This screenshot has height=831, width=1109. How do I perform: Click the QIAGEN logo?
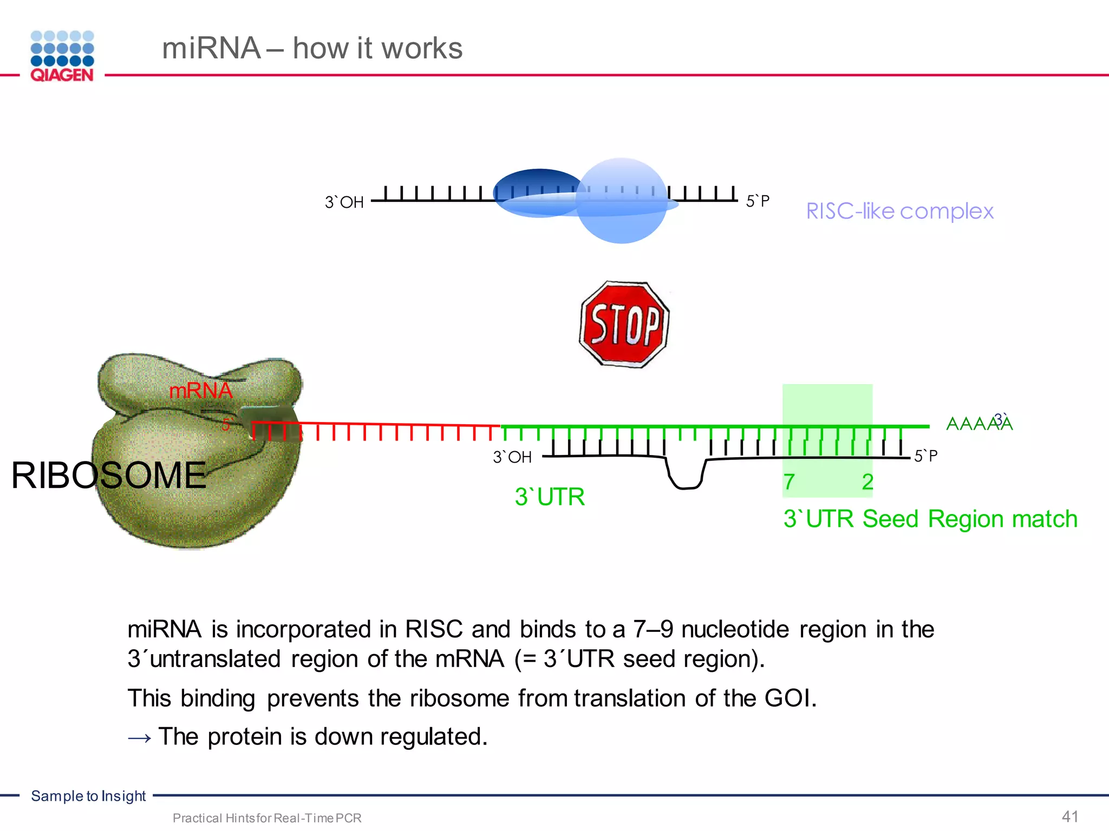(x=62, y=56)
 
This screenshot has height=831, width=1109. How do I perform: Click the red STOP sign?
(x=624, y=325)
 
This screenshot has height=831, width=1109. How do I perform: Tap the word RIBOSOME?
(x=108, y=476)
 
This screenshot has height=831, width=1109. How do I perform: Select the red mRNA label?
(x=200, y=390)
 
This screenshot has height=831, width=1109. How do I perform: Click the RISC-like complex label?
(x=899, y=211)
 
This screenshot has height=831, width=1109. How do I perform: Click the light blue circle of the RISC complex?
(x=623, y=216)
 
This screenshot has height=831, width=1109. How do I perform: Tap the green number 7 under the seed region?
(x=790, y=482)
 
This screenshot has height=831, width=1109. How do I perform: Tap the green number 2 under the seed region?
(x=867, y=482)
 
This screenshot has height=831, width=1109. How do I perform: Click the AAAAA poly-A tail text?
(x=978, y=423)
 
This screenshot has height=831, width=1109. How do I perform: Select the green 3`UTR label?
(x=549, y=497)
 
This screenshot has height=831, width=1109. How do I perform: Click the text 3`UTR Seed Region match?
(x=930, y=519)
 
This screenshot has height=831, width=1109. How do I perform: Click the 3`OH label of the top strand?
(x=344, y=202)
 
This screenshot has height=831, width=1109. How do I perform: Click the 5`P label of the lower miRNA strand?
(x=925, y=456)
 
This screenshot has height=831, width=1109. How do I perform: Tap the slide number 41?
(x=1070, y=816)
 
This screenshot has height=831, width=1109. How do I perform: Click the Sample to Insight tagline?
(x=88, y=796)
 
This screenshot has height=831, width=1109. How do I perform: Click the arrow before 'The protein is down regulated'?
(x=140, y=737)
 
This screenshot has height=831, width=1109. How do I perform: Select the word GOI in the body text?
(x=790, y=698)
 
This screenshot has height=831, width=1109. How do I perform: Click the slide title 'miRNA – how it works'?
(x=312, y=48)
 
